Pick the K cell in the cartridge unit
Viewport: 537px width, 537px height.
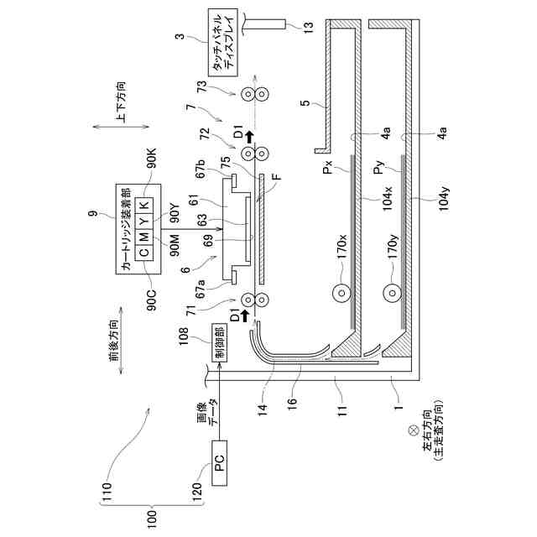pyautogui.click(x=143, y=205)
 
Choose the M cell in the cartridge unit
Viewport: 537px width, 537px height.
pyautogui.click(x=143, y=236)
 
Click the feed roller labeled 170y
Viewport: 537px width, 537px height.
pyautogui.click(x=391, y=293)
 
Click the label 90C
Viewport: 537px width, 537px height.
pyautogui.click(x=153, y=299)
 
